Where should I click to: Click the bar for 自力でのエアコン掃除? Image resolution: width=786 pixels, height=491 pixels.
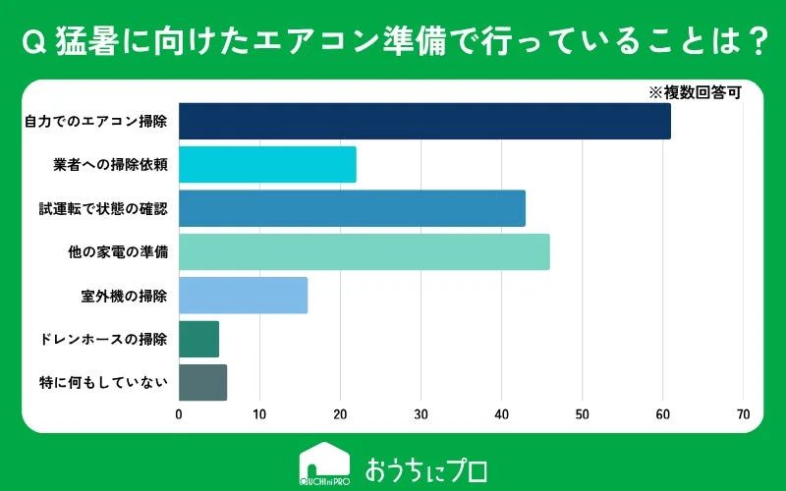coord(424,121)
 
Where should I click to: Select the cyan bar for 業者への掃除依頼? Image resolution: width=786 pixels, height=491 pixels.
coord(267,164)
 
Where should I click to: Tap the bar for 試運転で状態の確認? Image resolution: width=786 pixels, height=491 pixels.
coord(352,208)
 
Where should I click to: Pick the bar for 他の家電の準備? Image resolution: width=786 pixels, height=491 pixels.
coord(364,251)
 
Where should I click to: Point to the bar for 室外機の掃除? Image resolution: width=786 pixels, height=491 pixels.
coord(243,295)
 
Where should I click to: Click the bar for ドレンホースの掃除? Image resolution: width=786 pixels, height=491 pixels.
coord(198,339)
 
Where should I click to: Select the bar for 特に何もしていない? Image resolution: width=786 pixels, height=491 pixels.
coord(202,382)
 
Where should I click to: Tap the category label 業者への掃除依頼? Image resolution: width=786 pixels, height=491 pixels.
coord(110,164)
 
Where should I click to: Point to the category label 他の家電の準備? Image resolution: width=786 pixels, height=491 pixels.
coord(117,251)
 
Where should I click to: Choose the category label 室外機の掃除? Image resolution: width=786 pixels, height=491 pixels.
coord(124,295)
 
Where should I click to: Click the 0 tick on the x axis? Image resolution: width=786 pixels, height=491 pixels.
coord(179,413)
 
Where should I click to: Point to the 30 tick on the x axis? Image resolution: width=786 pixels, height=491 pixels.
coord(421,413)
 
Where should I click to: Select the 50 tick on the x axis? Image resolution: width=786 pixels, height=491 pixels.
coord(582,413)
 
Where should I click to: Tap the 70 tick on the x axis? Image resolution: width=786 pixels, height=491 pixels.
coord(743,413)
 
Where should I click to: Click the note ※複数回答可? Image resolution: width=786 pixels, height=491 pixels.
coord(694,92)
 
